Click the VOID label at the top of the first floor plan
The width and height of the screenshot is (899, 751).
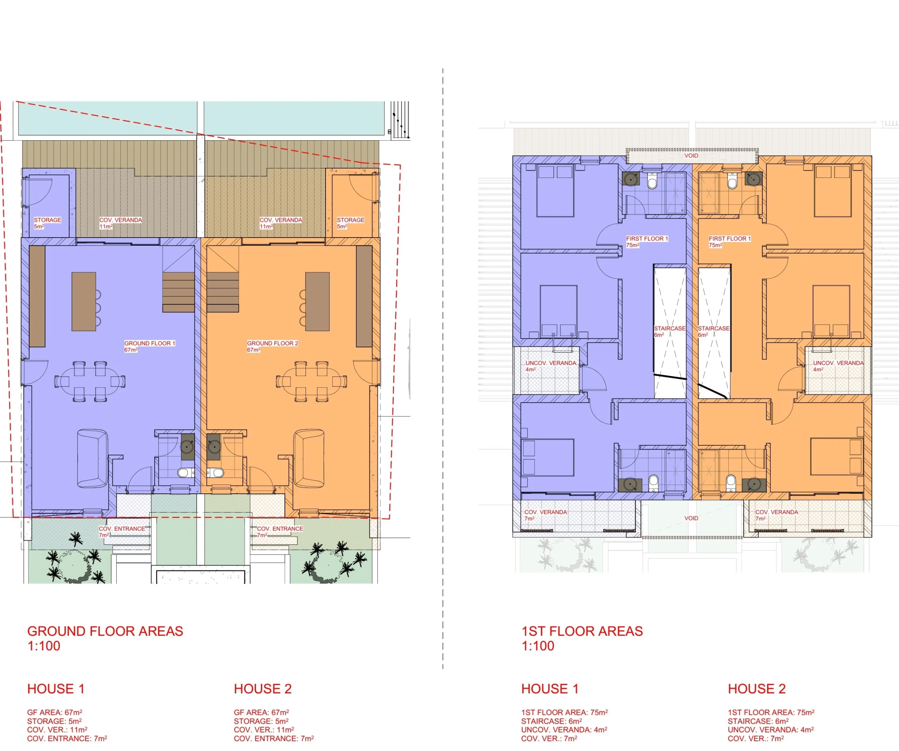click(691, 156)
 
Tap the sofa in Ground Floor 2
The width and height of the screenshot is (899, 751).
click(308, 458)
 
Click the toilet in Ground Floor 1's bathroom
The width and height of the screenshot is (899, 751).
click(184, 473)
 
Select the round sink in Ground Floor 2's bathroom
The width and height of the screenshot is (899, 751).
click(214, 447)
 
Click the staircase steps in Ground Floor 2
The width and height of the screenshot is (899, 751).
click(223, 292)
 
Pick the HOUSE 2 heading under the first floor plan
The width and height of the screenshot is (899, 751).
click(757, 689)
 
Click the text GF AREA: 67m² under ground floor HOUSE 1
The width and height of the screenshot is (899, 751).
click(55, 712)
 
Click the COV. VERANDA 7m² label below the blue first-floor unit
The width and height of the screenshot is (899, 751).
click(545, 515)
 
